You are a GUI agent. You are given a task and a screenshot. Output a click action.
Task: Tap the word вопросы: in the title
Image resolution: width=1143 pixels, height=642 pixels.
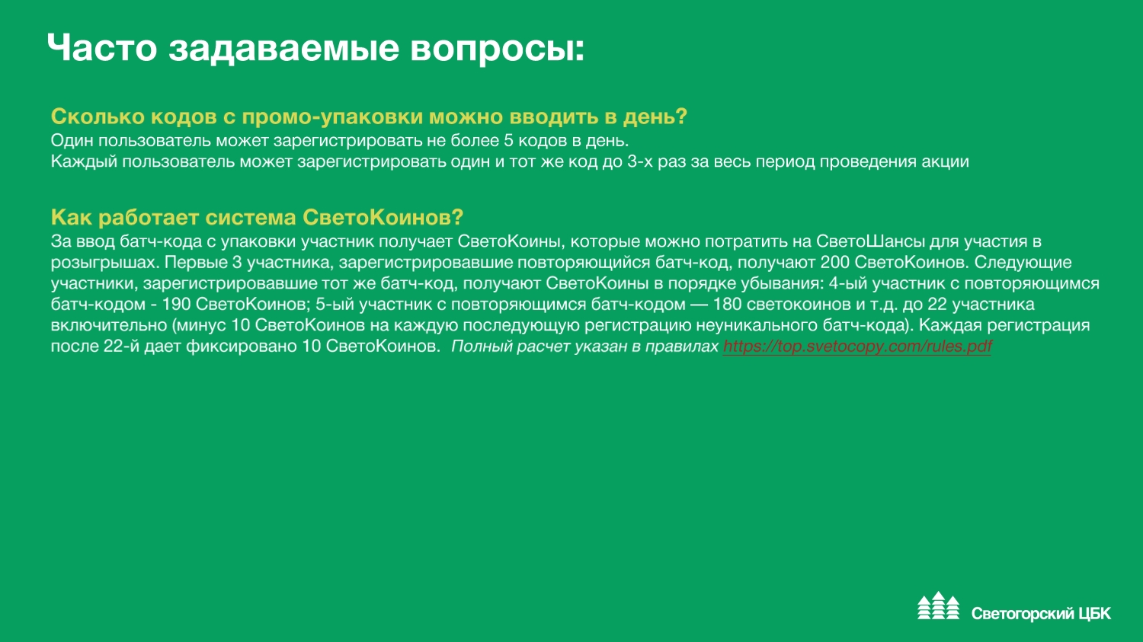coord(498,50)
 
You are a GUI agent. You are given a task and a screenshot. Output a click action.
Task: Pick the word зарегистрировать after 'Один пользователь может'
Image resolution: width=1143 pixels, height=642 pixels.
coord(350,141)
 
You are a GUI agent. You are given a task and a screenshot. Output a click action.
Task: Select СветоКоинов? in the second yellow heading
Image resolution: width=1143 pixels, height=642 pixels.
coord(383,217)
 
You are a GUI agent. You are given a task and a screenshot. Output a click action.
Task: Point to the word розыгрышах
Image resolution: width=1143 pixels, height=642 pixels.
coord(102,264)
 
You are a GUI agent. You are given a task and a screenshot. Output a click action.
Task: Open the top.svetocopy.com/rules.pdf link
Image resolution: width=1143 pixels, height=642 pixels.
coord(857,347)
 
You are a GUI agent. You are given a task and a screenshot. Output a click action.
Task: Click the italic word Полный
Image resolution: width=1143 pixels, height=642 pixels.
coord(482,347)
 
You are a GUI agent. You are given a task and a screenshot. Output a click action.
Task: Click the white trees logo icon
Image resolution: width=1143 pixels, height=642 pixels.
coord(938,605)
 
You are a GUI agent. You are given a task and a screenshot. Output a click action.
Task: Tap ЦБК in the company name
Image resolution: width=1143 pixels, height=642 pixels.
coord(1094,614)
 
